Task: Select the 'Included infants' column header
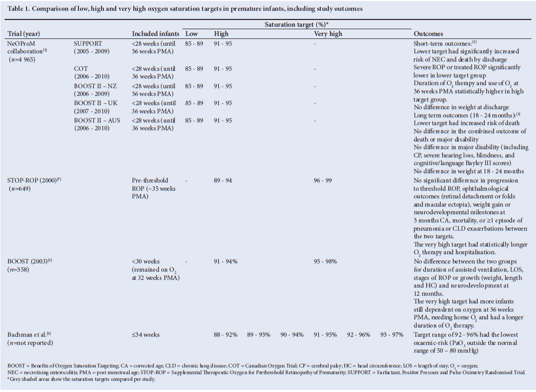coord(154,34)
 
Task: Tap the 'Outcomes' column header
coord(428,34)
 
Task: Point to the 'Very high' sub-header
coord(328,34)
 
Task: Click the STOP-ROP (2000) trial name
coord(34,180)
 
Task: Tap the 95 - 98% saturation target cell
coord(325,261)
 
